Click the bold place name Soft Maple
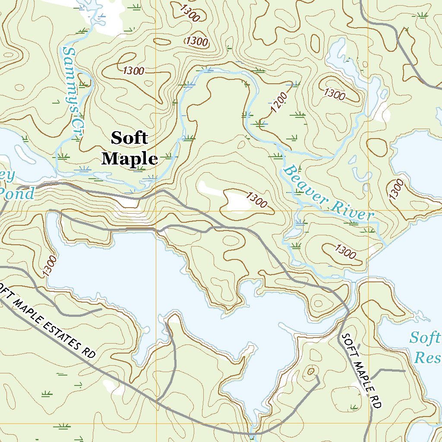click(129, 149)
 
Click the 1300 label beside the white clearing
click(256, 199)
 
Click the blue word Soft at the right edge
click(425, 338)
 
